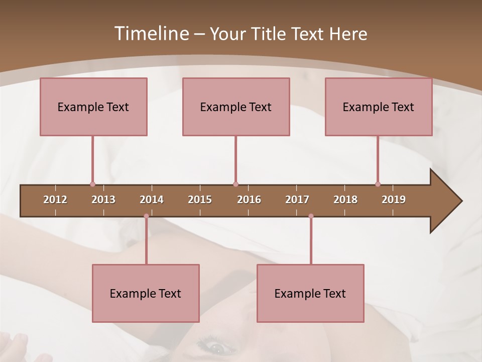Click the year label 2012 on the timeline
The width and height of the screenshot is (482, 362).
click(55, 200)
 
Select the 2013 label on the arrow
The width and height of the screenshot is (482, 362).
click(103, 200)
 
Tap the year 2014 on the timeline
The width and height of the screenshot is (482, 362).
click(152, 200)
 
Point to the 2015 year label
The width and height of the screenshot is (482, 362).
click(200, 200)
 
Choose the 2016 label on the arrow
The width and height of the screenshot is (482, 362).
click(249, 200)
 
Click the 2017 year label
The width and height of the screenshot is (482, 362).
click(297, 200)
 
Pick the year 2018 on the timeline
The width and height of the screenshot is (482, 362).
click(345, 200)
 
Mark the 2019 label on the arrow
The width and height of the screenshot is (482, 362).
click(394, 200)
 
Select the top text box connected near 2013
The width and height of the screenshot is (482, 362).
click(93, 107)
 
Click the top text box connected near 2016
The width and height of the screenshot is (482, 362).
click(236, 107)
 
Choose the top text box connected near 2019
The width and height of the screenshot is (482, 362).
click(379, 107)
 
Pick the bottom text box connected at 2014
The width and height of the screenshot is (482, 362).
click(146, 293)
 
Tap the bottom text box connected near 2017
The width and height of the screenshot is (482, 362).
click(310, 293)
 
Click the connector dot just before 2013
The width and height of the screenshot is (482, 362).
click(92, 185)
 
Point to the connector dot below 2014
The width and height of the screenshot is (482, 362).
click(146, 216)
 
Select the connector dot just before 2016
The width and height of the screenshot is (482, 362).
click(235, 185)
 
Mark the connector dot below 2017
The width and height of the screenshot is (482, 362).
click(311, 216)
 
